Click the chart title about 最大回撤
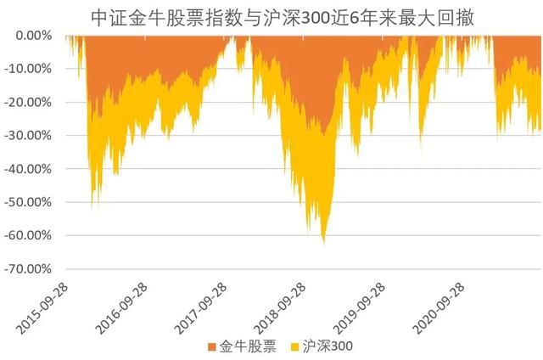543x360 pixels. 271,17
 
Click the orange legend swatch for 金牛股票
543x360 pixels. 211,346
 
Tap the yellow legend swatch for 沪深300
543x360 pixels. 296,346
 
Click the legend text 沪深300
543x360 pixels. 329,346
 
